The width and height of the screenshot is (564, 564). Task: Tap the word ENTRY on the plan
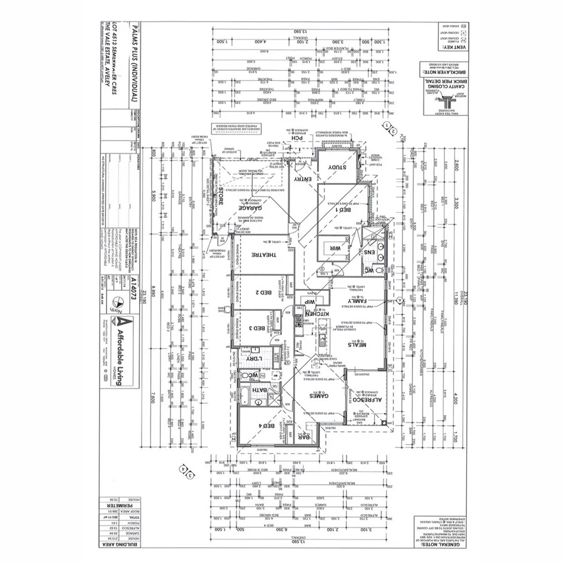tap(303, 180)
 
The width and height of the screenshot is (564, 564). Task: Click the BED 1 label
tap(344, 212)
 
